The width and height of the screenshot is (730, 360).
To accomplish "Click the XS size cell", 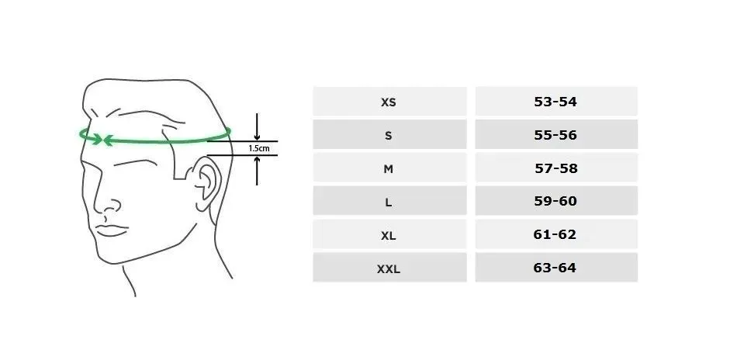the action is point(389,101).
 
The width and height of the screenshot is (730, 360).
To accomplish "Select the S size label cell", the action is point(389,134).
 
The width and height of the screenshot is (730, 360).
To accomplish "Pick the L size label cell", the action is point(389,201).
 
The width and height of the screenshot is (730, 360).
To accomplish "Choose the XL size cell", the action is point(389,234).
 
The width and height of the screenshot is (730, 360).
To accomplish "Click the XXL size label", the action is point(389,268).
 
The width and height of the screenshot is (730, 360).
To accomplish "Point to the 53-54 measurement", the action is point(555,102).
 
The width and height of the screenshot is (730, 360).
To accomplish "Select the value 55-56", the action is point(555,135).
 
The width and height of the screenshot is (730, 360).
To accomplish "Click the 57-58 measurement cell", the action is point(556,168).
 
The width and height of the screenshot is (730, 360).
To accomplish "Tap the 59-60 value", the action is point(555,201).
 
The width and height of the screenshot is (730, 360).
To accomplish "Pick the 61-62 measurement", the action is point(555,234).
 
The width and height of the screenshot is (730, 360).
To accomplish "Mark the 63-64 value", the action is point(555,268).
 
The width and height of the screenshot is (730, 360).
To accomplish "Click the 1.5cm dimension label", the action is point(259,148).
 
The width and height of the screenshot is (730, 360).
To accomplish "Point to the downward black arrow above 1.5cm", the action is point(257,126).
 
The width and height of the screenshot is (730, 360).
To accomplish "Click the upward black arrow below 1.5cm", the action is point(257,171).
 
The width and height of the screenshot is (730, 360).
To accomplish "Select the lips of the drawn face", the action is point(112,230).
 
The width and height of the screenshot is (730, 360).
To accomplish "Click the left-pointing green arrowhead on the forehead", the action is point(109,140).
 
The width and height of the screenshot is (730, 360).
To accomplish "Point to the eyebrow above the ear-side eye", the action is point(135,162).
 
